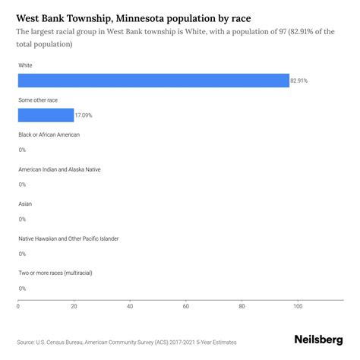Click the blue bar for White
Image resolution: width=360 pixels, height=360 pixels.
point(153,81)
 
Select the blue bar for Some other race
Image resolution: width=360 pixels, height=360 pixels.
point(46,115)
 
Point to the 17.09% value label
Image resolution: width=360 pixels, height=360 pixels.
point(84,115)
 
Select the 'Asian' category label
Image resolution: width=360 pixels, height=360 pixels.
point(25,204)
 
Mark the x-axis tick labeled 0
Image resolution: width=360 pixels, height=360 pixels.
point(18,307)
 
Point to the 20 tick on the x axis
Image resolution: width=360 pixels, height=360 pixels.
point(74,307)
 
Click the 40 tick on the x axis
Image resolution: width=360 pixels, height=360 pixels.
point(130,307)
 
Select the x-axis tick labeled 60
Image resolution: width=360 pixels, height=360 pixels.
point(186,307)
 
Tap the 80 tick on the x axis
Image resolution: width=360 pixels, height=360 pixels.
point(242,307)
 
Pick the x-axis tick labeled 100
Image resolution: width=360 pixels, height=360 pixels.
point(298,307)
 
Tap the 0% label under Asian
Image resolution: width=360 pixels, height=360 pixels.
point(22,219)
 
